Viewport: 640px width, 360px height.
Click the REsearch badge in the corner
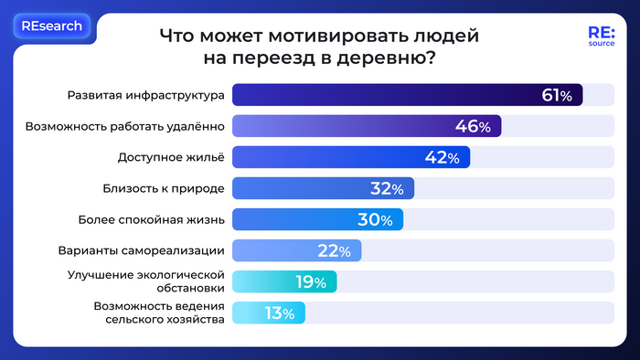pyautogui.click(x=52, y=26)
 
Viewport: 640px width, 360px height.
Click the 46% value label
pyautogui.click(x=473, y=127)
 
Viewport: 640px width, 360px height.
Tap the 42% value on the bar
pyautogui.click(x=442, y=158)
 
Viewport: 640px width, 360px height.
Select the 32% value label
pyautogui.click(x=387, y=189)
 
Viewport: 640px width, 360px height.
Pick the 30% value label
pyautogui.click(x=375, y=220)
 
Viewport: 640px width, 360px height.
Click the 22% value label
pyautogui.click(x=334, y=251)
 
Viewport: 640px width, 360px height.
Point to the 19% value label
pyautogui.click(x=310, y=282)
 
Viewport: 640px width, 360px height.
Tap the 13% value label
pyautogui.click(x=279, y=313)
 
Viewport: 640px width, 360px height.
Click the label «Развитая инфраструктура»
pyautogui.click(x=146, y=96)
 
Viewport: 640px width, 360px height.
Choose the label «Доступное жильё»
pyautogui.click(x=170, y=158)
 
